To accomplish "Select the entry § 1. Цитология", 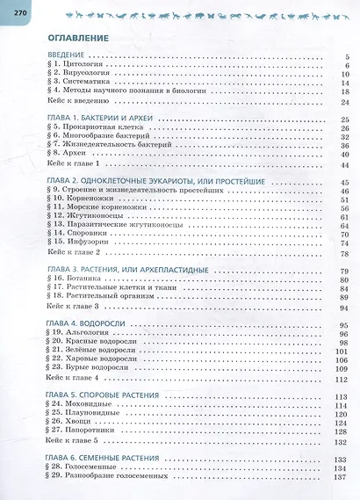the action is coord(72,66).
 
